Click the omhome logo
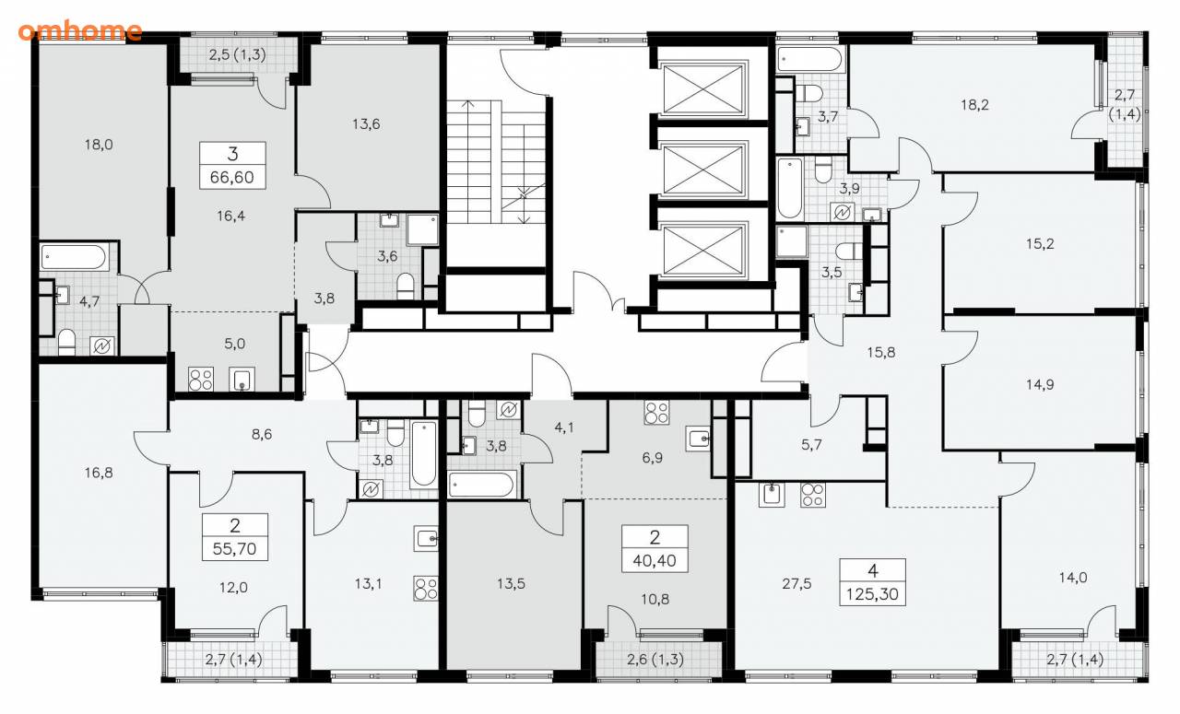point(80,30)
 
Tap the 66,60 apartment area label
point(231,178)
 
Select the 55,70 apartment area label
point(234,549)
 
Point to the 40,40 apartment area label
point(655,561)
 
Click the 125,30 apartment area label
point(872,594)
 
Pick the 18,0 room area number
point(99,145)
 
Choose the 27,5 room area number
point(796,583)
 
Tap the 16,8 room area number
point(99,473)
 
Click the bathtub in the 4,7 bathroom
point(75,257)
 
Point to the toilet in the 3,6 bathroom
point(405,287)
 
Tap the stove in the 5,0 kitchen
point(201,380)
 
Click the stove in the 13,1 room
point(426,588)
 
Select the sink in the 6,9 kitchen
point(699,439)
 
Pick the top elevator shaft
point(702,89)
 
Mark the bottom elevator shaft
point(702,251)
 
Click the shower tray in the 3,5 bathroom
point(792,241)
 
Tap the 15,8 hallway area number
point(881,352)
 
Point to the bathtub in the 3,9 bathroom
point(789,187)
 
